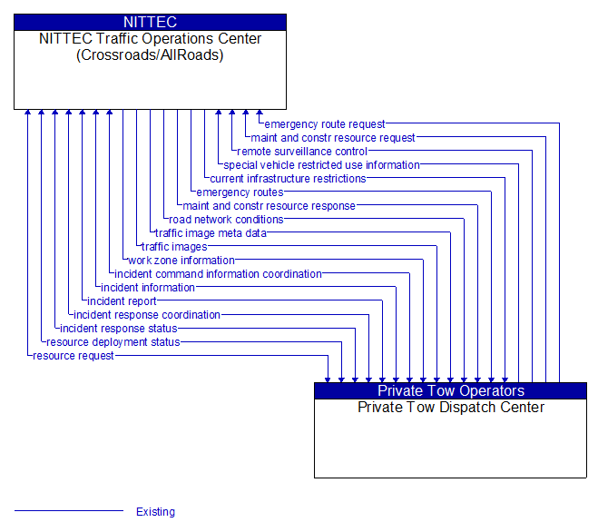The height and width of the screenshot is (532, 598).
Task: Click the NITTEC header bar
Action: click(150, 22)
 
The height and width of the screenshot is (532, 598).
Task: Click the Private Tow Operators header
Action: click(450, 390)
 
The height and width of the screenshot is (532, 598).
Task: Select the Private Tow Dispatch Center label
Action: click(450, 407)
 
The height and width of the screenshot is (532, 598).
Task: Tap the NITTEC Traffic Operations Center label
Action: click(150, 46)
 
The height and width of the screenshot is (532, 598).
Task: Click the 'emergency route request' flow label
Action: click(324, 124)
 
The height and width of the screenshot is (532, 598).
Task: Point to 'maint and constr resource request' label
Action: click(332, 138)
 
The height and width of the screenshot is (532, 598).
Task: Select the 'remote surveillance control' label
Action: click(301, 152)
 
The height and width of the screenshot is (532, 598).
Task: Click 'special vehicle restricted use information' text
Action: click(321, 165)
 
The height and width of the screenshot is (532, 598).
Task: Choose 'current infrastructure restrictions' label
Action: click(288, 179)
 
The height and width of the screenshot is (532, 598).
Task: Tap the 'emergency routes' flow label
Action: click(240, 192)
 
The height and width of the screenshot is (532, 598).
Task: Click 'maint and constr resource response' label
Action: click(269, 206)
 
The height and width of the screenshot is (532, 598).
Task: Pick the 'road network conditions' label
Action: click(226, 220)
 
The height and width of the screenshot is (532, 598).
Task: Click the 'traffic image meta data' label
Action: click(211, 233)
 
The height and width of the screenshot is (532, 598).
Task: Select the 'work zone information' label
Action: click(181, 261)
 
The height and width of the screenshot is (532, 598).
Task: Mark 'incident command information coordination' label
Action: click(218, 274)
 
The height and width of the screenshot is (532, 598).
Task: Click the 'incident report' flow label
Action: click(122, 301)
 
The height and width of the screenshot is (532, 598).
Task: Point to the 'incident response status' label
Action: click(118, 329)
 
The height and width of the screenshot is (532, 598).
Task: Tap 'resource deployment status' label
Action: click(113, 342)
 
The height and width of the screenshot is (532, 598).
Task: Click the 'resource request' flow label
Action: click(74, 356)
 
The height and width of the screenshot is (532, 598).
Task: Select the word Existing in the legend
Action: click(155, 512)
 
